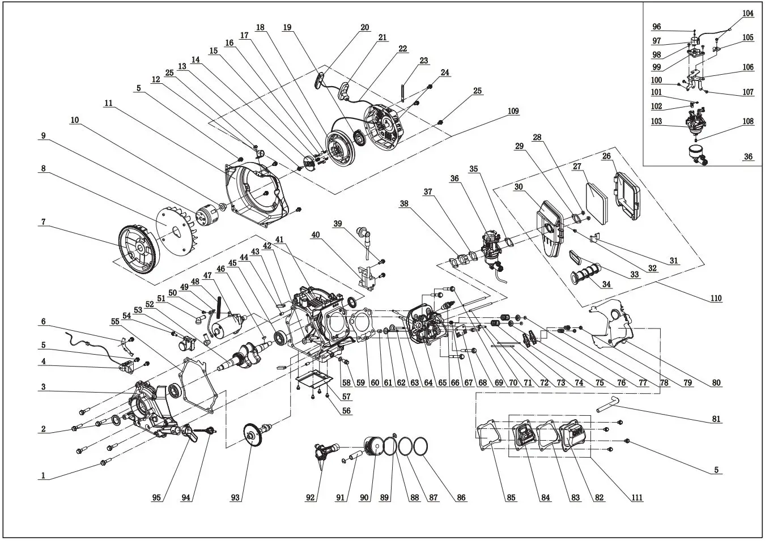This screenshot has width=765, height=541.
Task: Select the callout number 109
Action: point(513,111)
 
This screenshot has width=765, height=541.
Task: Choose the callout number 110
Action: point(716,298)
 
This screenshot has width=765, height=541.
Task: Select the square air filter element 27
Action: point(595,195)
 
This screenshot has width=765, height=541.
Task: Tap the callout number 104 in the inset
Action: point(748,14)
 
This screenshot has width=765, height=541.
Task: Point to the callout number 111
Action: point(636,497)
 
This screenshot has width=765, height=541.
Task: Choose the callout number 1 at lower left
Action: point(42,475)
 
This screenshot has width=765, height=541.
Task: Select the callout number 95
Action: point(156,497)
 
